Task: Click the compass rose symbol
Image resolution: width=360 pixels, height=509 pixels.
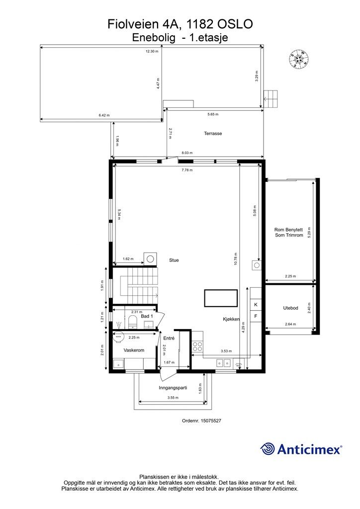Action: click(299, 60)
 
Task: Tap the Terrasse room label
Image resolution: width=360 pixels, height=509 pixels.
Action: click(213, 133)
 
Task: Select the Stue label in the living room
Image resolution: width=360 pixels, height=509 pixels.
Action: click(174, 260)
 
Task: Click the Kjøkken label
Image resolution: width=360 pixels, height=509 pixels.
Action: click(231, 319)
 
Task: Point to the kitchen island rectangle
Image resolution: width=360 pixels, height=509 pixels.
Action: click(221, 298)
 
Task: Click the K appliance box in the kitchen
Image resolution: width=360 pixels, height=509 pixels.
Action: click(256, 305)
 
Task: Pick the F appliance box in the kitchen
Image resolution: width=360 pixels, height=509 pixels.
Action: click(256, 316)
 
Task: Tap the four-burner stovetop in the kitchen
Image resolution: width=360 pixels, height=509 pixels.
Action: click(197, 346)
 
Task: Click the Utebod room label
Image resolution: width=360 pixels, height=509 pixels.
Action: click(290, 308)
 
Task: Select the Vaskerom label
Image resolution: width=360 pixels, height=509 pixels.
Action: click(134, 350)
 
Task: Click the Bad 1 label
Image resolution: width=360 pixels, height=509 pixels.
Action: click(147, 316)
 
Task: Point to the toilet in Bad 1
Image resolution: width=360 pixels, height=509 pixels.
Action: click(132, 322)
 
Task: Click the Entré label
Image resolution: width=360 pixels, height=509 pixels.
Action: click(169, 338)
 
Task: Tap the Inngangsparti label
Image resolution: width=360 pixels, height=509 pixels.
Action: click(173, 388)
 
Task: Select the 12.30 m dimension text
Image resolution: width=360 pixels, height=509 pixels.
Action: click(152, 51)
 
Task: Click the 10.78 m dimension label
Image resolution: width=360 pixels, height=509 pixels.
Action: click(236, 259)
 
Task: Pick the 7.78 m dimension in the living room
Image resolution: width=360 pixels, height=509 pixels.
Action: click(187, 170)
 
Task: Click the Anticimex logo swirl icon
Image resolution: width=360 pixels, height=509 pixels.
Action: click(267, 449)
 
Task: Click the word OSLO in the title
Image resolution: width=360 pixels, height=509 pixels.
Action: click(235, 24)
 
